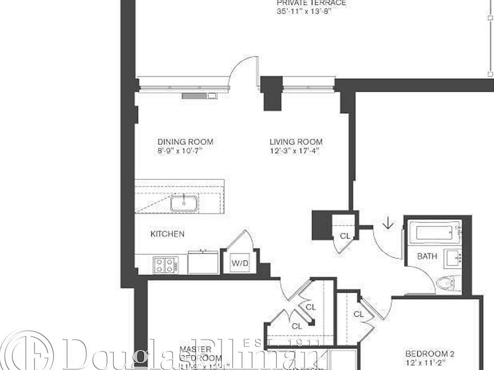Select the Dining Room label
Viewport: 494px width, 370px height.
pos(185,142)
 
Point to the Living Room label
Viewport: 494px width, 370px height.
pos(296,142)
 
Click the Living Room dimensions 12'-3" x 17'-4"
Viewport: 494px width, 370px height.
pos(296,151)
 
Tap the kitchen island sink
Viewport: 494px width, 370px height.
pos(184,203)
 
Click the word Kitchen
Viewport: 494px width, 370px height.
pos(167,234)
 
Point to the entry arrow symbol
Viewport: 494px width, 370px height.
pos(387,224)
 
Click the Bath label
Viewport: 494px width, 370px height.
pos(427,256)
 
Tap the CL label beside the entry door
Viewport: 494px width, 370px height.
pos(344,236)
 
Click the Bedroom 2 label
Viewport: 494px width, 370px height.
pos(430,354)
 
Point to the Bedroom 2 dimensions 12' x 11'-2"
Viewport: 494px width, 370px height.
pos(430,363)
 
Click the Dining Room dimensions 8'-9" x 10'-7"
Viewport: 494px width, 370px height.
pos(185,151)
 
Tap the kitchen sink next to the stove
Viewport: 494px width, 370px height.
pos(203,262)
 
